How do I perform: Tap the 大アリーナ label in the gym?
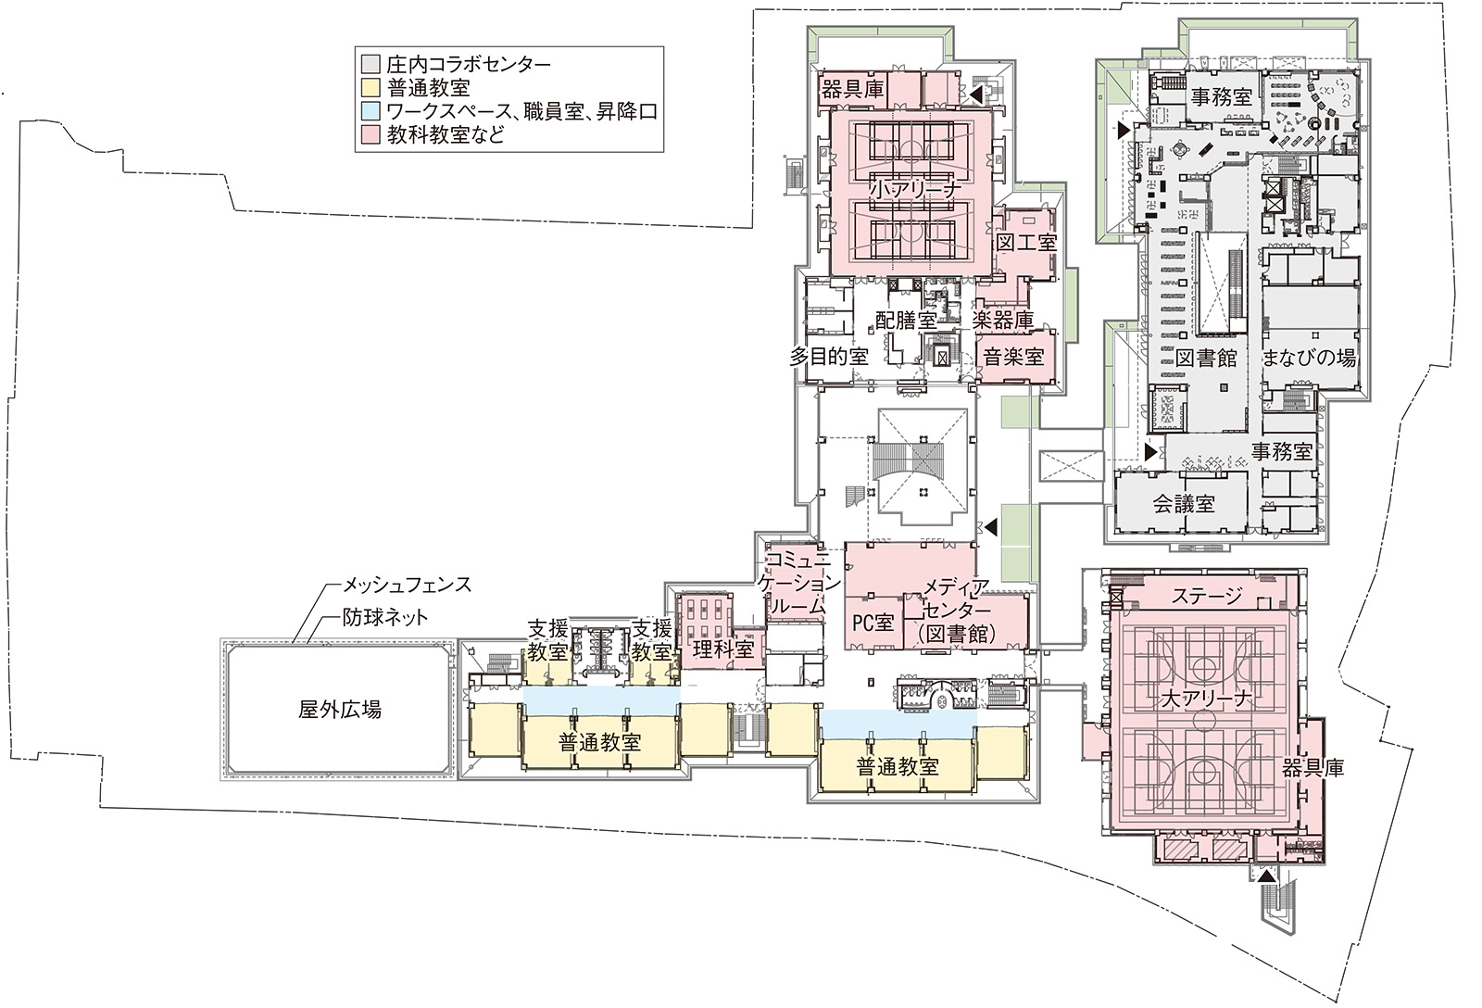1208,700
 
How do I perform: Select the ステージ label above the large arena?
1208,596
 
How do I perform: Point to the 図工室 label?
1026,242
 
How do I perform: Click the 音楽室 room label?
1013,358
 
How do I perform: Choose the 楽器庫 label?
1003,321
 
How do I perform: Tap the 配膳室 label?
906,321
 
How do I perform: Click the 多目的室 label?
828,357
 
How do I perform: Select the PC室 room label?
873,623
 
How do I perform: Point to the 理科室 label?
723,649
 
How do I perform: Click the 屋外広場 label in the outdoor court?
339,711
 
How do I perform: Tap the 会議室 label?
1184,504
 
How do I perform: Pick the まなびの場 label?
1309,358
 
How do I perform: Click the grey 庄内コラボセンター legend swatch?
370,64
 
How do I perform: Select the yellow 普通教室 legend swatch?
370,87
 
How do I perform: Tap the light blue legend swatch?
370,111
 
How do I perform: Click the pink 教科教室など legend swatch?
370,135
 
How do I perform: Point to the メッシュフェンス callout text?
407,586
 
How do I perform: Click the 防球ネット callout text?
385,618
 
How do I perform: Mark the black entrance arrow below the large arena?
1265,876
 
